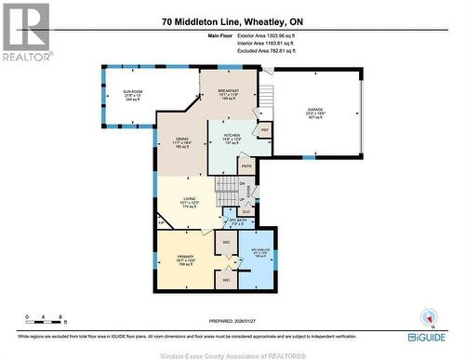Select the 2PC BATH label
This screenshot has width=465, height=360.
(240, 222)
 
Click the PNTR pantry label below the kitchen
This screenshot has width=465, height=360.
(246, 166)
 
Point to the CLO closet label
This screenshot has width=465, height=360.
(246, 211)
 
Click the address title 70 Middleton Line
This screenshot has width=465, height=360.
(232, 20)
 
